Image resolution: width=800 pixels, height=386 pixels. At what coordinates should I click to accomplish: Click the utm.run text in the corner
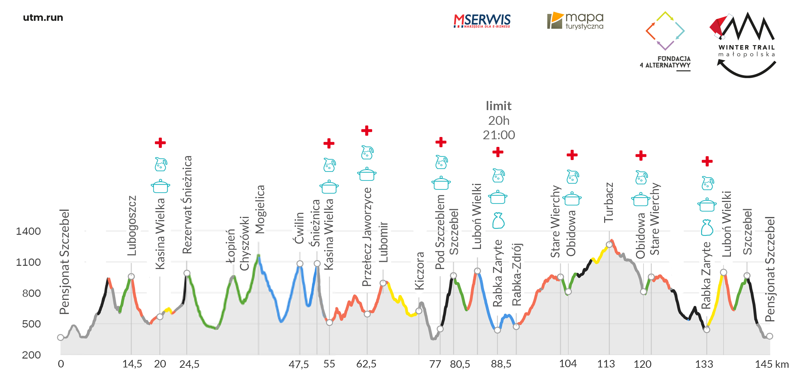[43, 18]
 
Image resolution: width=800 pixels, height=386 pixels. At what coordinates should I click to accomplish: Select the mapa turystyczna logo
[575, 21]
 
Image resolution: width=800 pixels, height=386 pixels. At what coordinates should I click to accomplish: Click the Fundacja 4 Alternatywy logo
[665, 40]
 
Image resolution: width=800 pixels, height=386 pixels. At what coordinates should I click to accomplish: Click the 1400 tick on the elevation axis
[28, 231]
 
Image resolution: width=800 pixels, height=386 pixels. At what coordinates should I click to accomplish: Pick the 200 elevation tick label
[31, 355]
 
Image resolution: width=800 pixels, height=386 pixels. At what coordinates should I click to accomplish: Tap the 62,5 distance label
[366, 364]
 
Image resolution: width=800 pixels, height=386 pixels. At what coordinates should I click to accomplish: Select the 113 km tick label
[606, 364]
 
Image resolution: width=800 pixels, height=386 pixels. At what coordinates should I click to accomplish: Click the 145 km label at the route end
[772, 364]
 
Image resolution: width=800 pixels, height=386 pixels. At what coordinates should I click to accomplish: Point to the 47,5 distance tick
[299, 364]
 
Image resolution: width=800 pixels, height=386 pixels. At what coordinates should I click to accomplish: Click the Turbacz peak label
[609, 202]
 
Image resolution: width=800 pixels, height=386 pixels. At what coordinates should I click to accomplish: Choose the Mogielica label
[260, 209]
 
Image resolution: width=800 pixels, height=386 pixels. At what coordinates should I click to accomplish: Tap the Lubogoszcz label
[132, 226]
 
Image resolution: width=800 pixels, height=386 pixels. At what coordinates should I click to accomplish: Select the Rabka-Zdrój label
[516, 274]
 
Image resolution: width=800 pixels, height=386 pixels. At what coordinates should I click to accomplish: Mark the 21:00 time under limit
[499, 135]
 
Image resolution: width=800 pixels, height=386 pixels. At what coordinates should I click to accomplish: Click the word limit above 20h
[499, 106]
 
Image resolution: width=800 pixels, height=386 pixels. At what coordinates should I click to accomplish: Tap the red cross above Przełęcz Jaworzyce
[367, 131]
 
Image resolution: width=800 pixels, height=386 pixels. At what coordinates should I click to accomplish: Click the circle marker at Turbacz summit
[609, 245]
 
